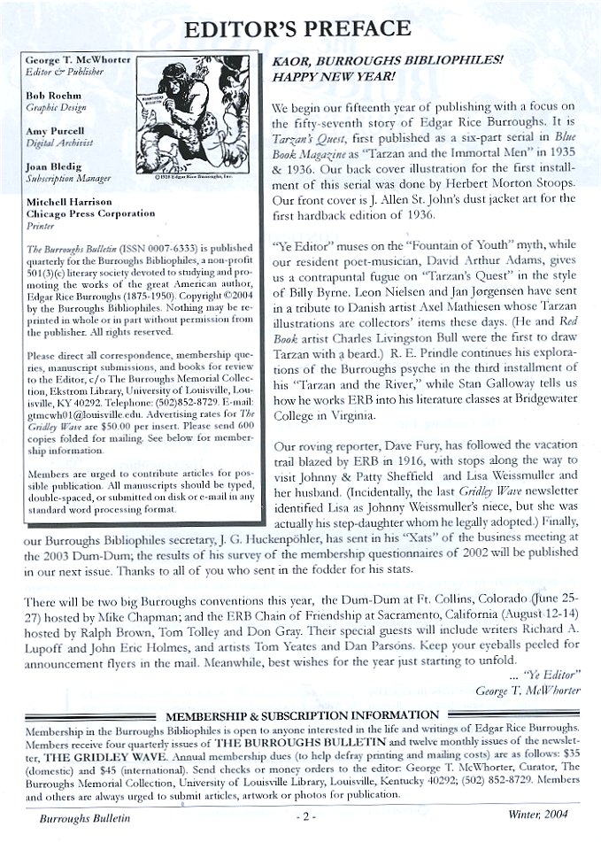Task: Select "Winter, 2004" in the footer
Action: click(543, 815)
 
